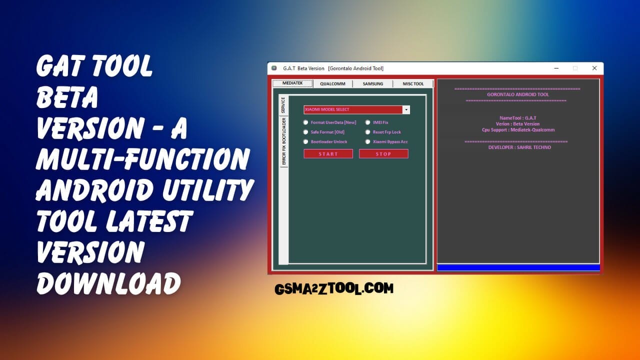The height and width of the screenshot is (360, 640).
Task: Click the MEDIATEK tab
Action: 292,83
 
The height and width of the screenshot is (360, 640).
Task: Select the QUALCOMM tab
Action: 332,83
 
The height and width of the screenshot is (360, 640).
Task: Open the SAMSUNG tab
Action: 373,83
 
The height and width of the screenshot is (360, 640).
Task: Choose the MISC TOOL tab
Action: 413,83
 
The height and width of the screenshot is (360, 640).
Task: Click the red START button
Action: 328,154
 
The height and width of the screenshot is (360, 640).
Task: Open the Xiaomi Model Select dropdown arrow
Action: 406,109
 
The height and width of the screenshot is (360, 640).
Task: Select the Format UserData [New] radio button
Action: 306,122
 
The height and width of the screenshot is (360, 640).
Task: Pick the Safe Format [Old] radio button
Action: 306,132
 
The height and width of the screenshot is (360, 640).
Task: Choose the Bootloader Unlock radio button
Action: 306,141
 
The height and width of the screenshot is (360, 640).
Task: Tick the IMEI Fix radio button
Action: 368,122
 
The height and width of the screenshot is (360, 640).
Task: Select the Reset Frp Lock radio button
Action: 368,132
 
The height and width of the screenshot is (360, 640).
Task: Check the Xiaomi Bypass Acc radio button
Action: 368,141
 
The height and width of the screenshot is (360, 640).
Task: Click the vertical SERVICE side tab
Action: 283,104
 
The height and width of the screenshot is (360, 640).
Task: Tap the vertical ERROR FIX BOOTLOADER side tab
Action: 283,141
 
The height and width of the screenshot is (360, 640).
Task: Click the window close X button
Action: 594,68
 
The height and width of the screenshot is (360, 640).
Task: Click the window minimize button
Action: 556,68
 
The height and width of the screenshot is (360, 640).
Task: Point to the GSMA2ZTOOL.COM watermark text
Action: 334,288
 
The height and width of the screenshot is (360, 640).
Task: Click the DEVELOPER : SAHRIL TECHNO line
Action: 519,147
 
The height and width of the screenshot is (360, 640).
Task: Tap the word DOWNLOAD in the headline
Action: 108,283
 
